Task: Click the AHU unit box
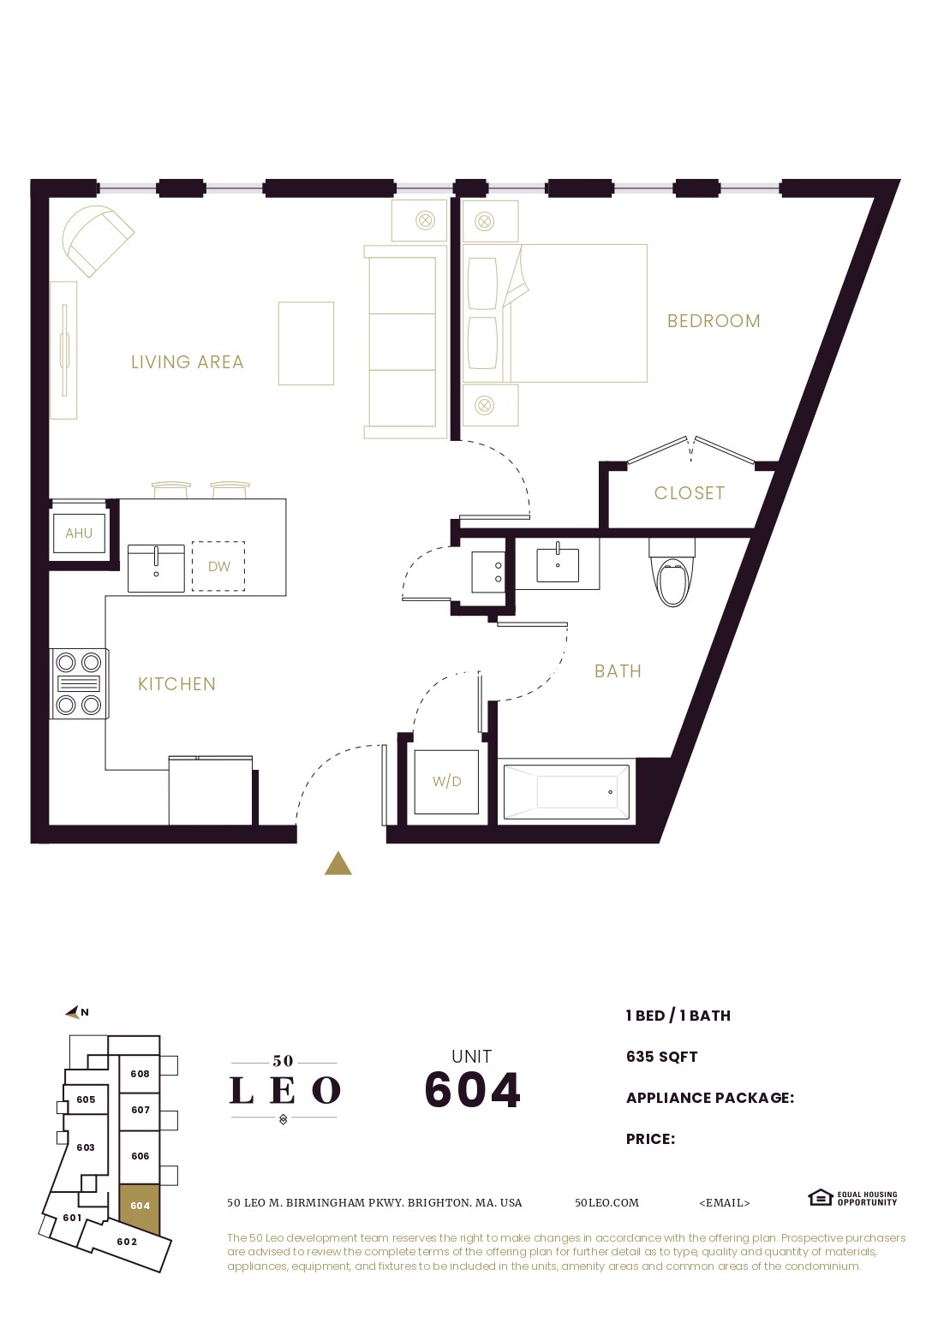(x=79, y=533)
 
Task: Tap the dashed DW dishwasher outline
(x=218, y=566)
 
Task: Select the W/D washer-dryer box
(x=446, y=781)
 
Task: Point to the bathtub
(x=567, y=792)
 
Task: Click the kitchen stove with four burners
(x=79, y=683)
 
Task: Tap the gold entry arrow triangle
(x=338, y=865)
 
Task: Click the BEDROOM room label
(x=714, y=321)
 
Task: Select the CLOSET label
(x=690, y=493)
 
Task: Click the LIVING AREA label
(x=188, y=362)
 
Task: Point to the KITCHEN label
(x=176, y=684)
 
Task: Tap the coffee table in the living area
(x=306, y=343)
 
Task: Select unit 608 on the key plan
(x=140, y=1074)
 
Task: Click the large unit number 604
(x=472, y=1090)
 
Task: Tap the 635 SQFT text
(x=661, y=1057)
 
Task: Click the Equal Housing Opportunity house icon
(x=820, y=1197)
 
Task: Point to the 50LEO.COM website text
(x=606, y=1202)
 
